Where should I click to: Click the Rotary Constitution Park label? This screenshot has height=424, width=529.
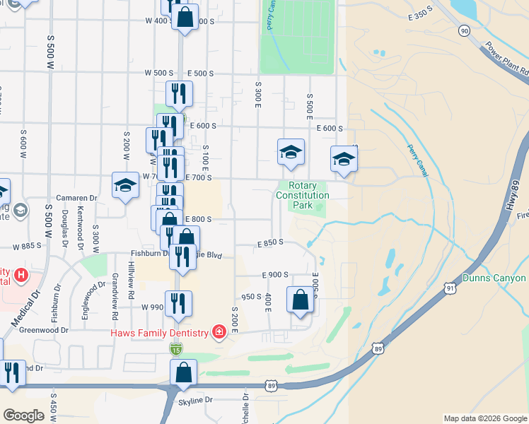click(x=303, y=195)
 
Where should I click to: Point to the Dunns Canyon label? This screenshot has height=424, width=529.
click(x=495, y=278)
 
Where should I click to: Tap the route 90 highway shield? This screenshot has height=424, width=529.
click(x=464, y=30)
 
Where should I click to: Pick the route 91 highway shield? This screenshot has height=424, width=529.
click(x=450, y=288)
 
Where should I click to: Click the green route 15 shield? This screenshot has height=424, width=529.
click(x=175, y=349)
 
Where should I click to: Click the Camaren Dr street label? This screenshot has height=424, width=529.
click(x=78, y=199)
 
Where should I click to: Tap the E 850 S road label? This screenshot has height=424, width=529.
click(x=269, y=242)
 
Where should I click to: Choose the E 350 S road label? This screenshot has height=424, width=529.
click(x=419, y=14)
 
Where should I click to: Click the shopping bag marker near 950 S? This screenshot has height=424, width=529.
click(x=300, y=300)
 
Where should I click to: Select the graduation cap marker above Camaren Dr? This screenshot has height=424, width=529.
click(x=125, y=186)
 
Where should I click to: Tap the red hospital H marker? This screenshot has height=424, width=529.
click(x=21, y=274)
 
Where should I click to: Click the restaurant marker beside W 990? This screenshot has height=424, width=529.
click(x=178, y=304)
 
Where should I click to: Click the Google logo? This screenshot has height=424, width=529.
click(x=23, y=416)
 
